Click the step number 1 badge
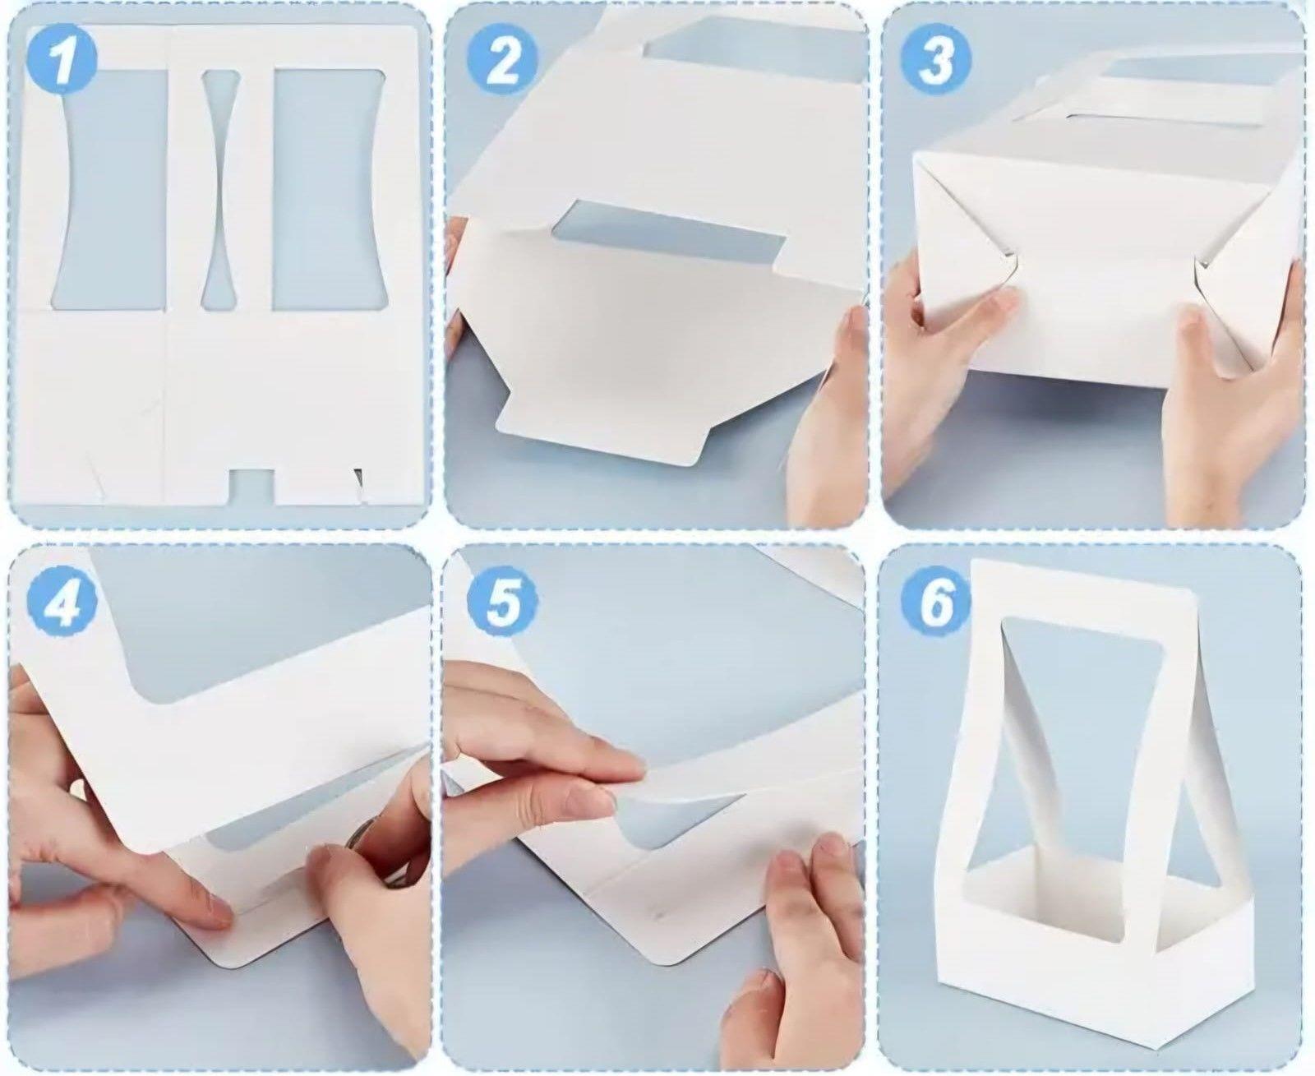(62, 63)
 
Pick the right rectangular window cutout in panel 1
(330, 189)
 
